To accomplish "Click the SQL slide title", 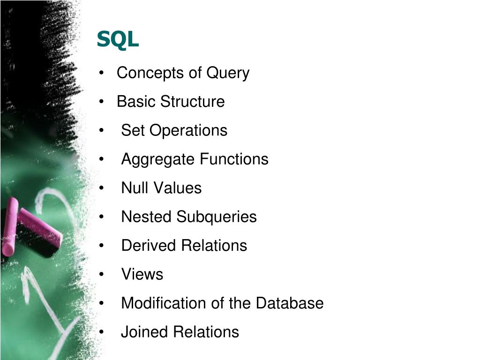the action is click(x=118, y=40).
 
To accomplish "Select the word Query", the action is click(x=228, y=73).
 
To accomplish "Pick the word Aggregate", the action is click(x=157, y=159).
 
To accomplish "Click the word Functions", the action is click(x=234, y=159).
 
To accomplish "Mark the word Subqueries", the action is click(x=217, y=217).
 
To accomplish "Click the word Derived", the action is click(x=149, y=246).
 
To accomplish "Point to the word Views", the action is click(x=142, y=274).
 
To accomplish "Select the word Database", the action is click(x=290, y=303).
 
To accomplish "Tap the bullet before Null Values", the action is click(x=102, y=188).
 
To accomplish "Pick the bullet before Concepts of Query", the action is click(x=102, y=74).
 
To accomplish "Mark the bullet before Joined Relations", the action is click(x=102, y=332).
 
